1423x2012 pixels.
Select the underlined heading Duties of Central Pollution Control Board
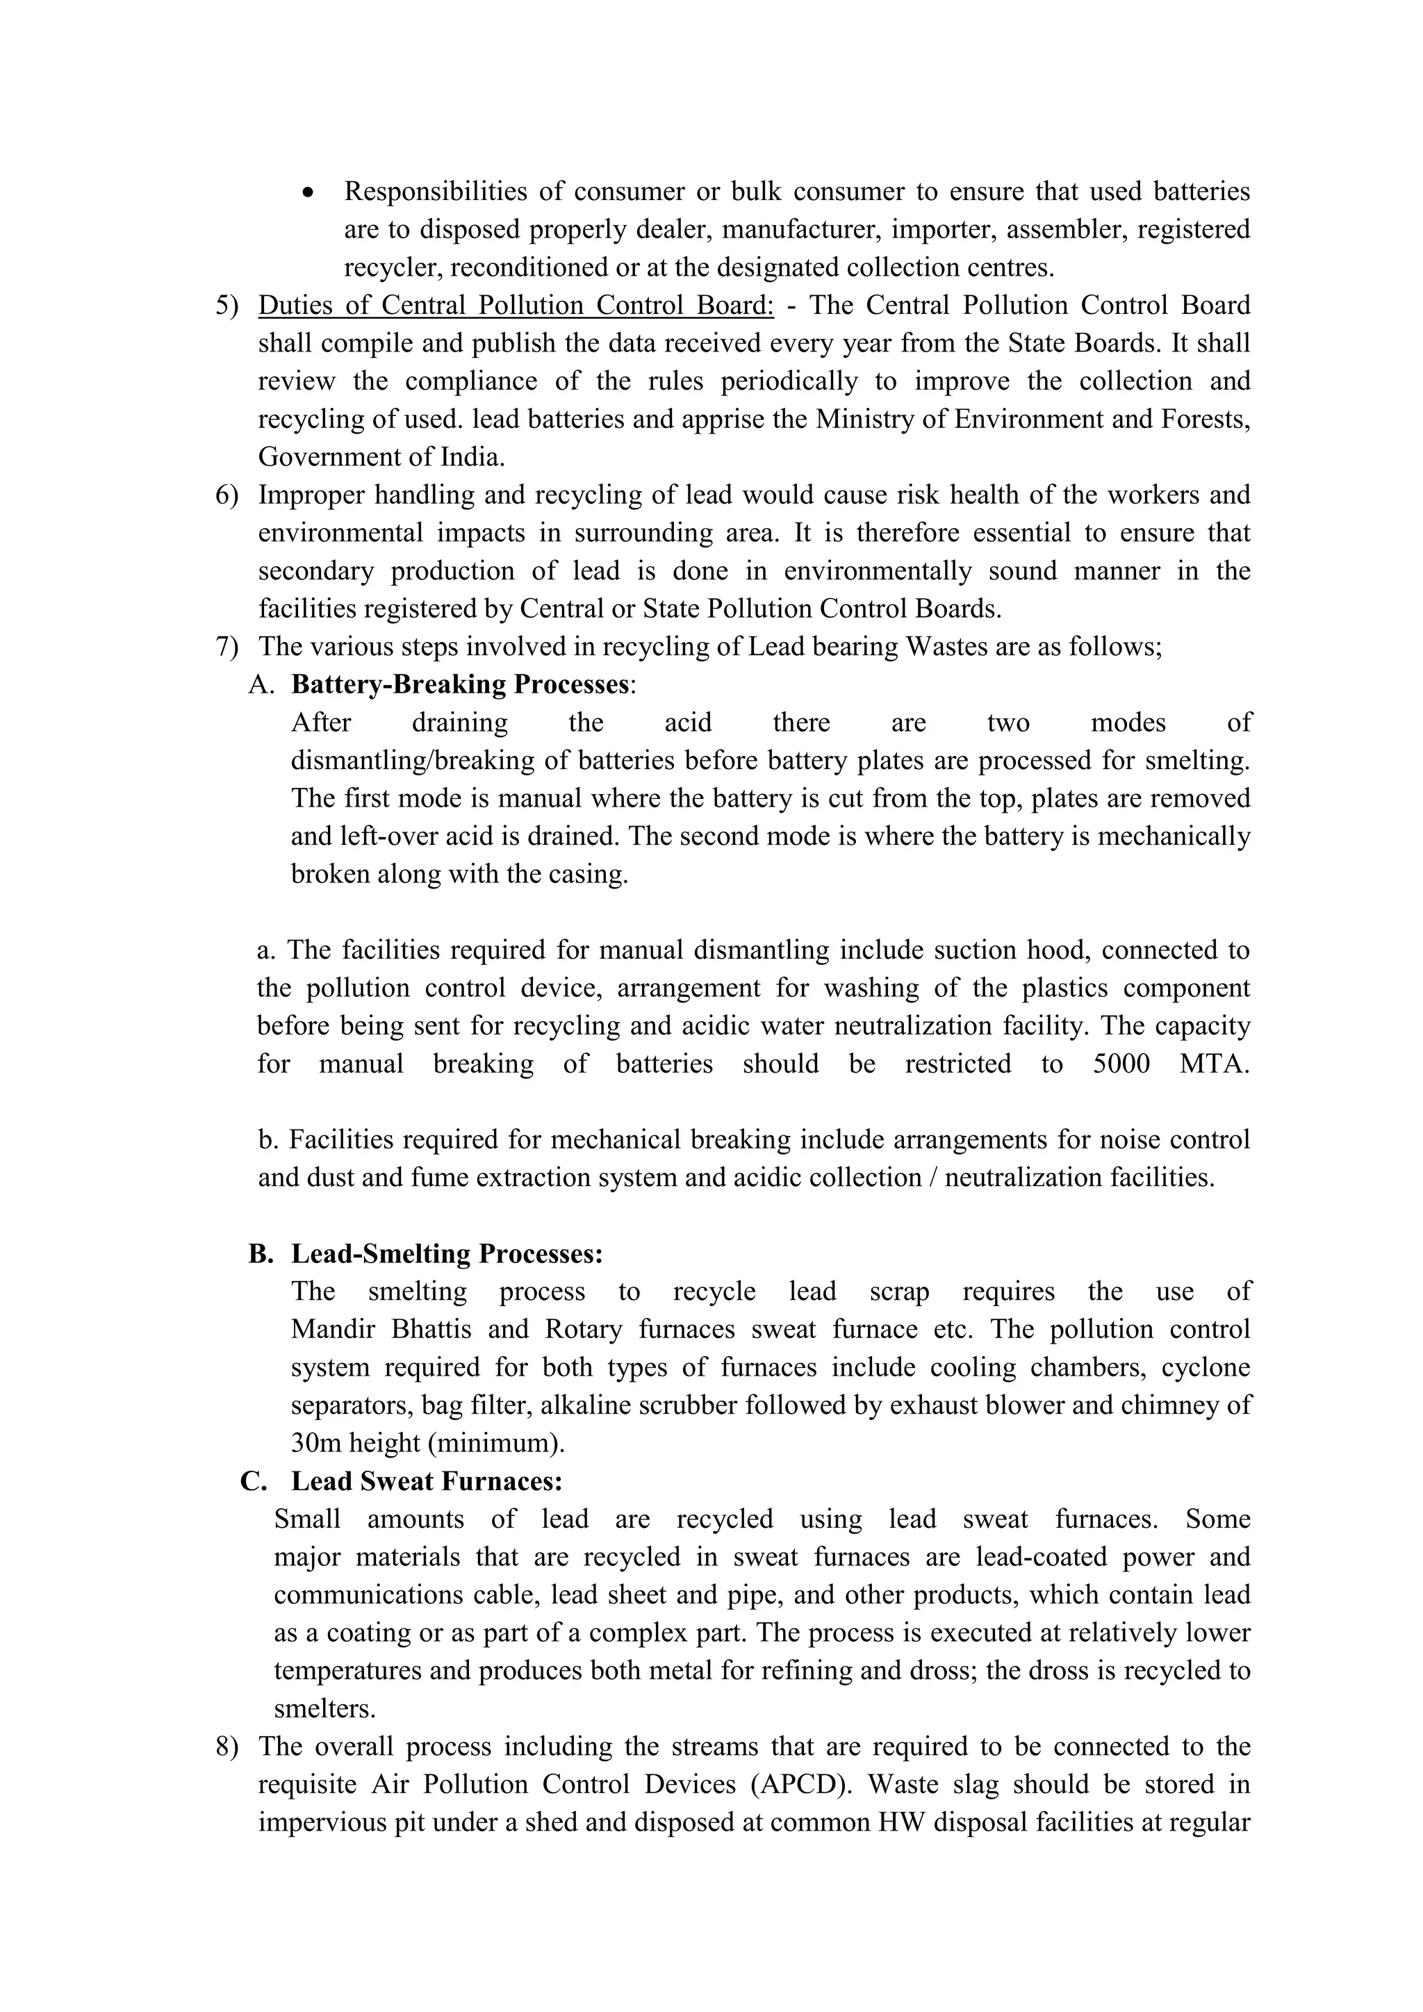coord(516,306)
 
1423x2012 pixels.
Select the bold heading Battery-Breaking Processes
coord(460,684)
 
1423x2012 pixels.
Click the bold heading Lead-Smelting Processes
coord(447,1254)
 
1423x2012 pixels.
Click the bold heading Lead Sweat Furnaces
coord(427,1481)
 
